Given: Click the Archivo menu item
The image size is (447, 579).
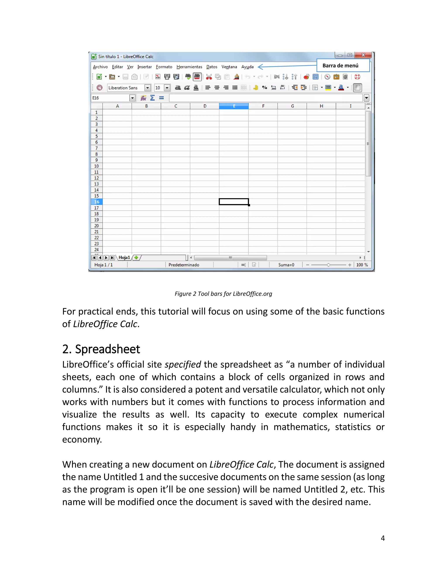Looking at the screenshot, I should [100, 67].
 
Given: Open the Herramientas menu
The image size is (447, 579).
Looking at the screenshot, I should [189, 67].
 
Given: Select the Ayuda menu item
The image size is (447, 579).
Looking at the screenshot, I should [247, 67].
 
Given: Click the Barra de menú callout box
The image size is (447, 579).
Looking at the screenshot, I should [343, 66].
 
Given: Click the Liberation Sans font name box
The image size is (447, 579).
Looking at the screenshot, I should [126, 88].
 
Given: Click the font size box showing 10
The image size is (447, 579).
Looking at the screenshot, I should [159, 88].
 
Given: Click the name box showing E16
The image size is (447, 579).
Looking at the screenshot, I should [110, 98].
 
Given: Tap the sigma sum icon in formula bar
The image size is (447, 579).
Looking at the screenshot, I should [153, 98].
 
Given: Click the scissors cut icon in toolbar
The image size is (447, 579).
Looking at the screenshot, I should [209, 77].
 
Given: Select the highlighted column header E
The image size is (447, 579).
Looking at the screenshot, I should [234, 106].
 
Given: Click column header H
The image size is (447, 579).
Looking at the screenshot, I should [321, 106].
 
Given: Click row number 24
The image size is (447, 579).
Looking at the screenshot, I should [97, 250].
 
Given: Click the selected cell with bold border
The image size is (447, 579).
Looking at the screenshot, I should [234, 202].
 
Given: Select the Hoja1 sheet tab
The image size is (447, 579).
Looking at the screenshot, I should [124, 257].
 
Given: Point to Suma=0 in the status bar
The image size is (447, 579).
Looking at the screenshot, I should [286, 265].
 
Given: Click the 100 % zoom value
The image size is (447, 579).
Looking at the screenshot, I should [362, 265].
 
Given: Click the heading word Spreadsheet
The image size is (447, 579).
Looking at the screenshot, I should [108, 349].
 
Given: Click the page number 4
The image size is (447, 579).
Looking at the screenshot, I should [383, 538].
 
